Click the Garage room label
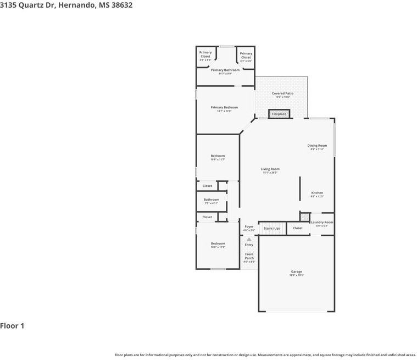point(297,272)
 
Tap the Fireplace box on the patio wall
point(279,114)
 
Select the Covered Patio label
point(282,94)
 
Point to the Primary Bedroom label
point(224,108)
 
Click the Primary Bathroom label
point(225,70)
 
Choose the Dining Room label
point(318,146)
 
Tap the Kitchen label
point(318,193)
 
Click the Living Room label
point(270,169)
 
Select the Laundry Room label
point(322,223)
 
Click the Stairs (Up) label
point(272,228)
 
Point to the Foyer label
point(249,226)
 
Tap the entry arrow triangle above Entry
point(249,239)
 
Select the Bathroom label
point(212,200)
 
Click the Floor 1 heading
point(12,325)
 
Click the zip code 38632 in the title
point(119,5)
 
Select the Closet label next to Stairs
point(298,228)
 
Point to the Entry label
point(249,245)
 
